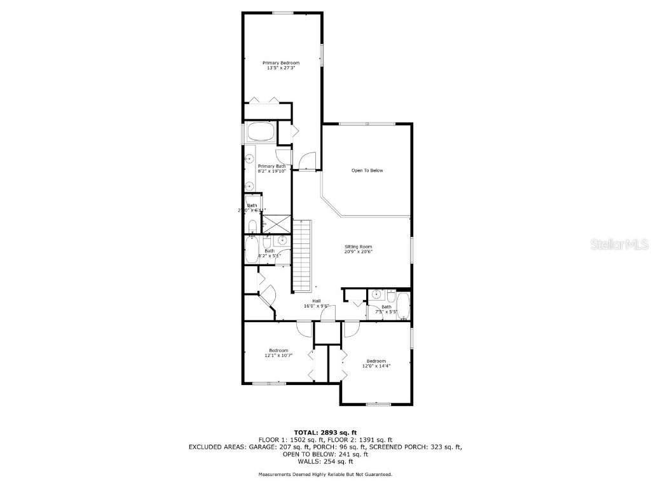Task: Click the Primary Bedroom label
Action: click(x=281, y=63)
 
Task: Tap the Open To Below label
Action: click(x=367, y=170)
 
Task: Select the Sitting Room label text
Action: click(x=359, y=247)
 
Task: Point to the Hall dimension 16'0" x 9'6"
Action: click(x=316, y=306)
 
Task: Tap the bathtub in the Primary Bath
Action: click(x=260, y=133)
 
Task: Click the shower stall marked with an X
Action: click(x=276, y=224)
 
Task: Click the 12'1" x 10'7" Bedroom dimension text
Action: click(x=278, y=356)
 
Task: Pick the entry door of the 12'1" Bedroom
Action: click(x=304, y=329)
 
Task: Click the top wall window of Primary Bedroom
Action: click(x=282, y=13)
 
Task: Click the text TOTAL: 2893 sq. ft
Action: click(x=325, y=432)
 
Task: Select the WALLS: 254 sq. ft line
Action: click(x=325, y=461)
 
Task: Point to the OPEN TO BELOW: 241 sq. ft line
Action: click(x=325, y=454)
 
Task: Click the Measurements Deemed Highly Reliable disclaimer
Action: click(x=325, y=475)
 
